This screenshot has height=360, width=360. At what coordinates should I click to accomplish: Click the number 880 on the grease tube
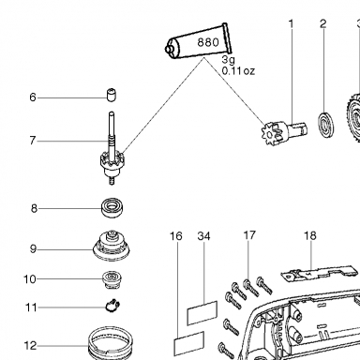[x=208, y=42]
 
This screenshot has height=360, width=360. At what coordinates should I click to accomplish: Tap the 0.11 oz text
[x=238, y=71]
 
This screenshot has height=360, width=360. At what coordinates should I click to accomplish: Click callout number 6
[x=33, y=97]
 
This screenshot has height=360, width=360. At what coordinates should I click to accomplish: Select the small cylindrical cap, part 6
[x=111, y=95]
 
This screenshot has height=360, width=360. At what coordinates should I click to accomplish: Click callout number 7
[x=33, y=141]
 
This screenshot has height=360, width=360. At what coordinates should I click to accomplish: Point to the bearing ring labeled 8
[x=112, y=207]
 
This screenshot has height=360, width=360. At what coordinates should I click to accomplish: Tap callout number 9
[x=33, y=249]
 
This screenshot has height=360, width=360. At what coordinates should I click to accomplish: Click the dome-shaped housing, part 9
[x=112, y=246]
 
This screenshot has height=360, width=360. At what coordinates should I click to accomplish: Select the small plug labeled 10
[x=112, y=280]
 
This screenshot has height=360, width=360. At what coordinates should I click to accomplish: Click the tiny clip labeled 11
[x=112, y=306]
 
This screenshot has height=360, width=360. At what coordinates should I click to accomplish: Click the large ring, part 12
[x=110, y=343]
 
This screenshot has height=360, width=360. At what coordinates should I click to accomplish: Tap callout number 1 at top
[x=292, y=23]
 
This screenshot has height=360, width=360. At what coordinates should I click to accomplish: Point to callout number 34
[x=204, y=236]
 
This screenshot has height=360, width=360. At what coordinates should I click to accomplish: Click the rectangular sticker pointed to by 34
[x=202, y=313]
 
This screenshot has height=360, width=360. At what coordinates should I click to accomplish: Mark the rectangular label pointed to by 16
[x=188, y=343]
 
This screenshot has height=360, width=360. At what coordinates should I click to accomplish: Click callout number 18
[x=310, y=235]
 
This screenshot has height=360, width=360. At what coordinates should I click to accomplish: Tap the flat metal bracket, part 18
[x=318, y=274]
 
